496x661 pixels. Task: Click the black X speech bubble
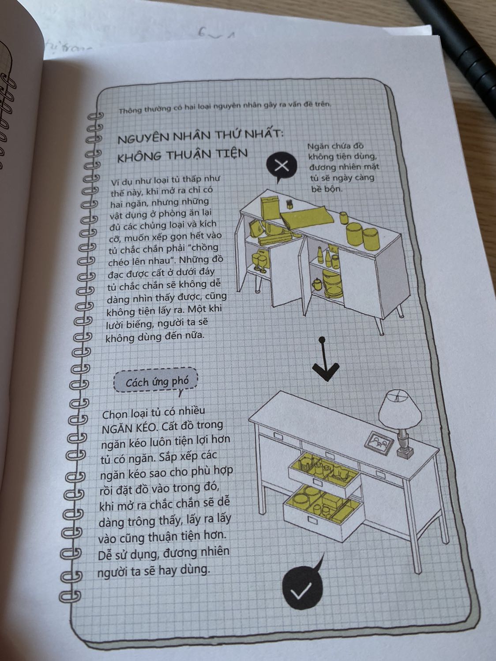click(x=282, y=166)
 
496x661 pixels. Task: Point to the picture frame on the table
click(x=379, y=444)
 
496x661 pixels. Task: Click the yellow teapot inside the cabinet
click(x=316, y=283)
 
